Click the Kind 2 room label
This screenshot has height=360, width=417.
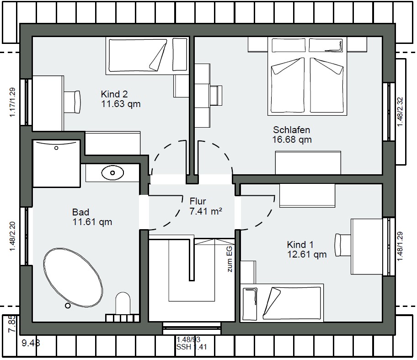(x=114, y=94)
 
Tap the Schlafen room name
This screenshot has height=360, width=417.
(x=291, y=130)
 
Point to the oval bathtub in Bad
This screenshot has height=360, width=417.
(x=73, y=278)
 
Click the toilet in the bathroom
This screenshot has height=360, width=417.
(x=123, y=303)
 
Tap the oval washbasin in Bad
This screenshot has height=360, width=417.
(x=112, y=173)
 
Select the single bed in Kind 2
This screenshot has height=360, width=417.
(x=147, y=56)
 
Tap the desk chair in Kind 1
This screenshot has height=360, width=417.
(x=343, y=245)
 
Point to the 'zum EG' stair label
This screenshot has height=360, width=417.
(x=230, y=259)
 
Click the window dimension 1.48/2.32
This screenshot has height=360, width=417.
(x=400, y=112)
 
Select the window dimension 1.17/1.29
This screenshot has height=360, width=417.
(x=12, y=102)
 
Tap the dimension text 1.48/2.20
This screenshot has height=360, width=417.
(x=12, y=236)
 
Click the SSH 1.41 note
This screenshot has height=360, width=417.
(x=192, y=347)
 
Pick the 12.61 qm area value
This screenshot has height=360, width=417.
(x=307, y=254)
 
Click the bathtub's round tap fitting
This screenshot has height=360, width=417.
(x=68, y=306)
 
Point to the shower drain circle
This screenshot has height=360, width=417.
(x=56, y=148)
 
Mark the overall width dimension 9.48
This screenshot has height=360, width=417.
(x=31, y=343)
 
